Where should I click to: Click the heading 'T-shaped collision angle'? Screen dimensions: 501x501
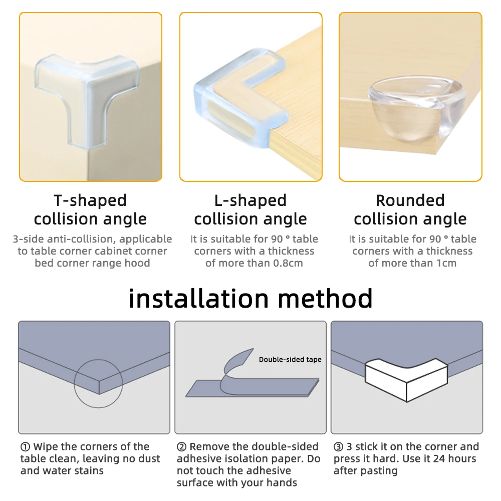(x=90, y=210)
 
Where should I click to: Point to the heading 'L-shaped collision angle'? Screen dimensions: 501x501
(x=250, y=210)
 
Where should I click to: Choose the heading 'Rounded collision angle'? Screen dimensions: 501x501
(x=410, y=210)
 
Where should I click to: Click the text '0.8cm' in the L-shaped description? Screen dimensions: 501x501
(x=288, y=264)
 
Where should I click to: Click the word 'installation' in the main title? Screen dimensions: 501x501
(x=198, y=299)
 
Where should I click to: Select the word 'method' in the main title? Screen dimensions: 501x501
(x=325, y=299)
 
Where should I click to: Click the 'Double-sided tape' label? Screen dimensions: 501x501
(x=290, y=360)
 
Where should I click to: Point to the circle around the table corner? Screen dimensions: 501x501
(x=98, y=382)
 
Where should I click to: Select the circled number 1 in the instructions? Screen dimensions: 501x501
(x=25, y=447)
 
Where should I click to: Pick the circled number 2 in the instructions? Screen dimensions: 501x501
(x=181, y=447)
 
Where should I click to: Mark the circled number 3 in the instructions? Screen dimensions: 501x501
(x=338, y=447)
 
